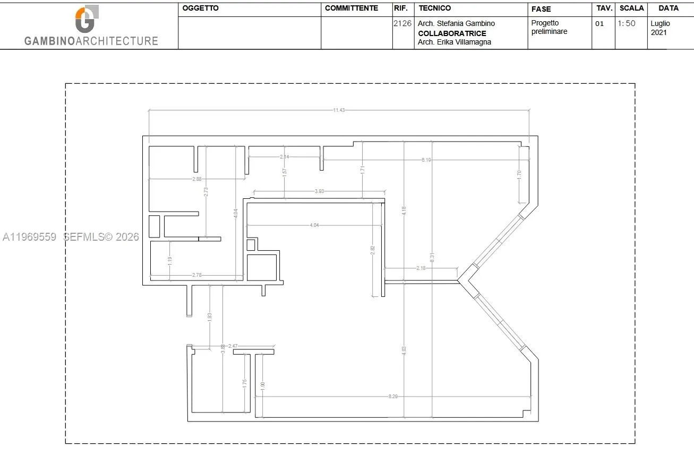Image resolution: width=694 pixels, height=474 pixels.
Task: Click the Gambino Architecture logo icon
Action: pos(86,20)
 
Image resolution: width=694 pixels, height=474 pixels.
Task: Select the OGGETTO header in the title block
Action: pos(200,8)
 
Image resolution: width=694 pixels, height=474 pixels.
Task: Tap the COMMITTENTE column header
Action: pos(351,8)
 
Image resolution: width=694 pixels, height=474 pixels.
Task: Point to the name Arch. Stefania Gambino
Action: pos(456,24)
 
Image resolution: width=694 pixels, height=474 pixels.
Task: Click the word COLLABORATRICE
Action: pos(452,33)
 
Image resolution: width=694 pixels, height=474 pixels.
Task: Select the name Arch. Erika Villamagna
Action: pos(455,42)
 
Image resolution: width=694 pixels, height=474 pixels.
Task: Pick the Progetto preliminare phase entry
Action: pos(549,28)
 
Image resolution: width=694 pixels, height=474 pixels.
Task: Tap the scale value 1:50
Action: pos(627,24)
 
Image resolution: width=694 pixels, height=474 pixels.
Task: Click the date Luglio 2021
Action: pos(661,28)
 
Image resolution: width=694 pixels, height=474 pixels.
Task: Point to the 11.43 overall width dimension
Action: pos(339,110)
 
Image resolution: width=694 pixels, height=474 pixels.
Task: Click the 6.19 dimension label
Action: pos(426,160)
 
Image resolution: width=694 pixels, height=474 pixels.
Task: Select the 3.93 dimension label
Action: pos(319,191)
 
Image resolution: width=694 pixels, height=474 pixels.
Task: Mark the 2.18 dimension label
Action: pos(421,268)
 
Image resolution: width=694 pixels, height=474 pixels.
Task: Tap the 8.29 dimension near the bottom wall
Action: pos(393,397)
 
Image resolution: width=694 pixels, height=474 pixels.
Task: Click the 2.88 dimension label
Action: pos(197,179)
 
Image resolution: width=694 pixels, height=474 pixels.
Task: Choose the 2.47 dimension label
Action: pos(233,346)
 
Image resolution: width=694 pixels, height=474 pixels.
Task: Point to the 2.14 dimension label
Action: pos(285,157)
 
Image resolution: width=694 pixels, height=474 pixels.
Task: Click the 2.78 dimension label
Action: pos(197,275)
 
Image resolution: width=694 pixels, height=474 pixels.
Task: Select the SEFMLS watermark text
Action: pos(101,237)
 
